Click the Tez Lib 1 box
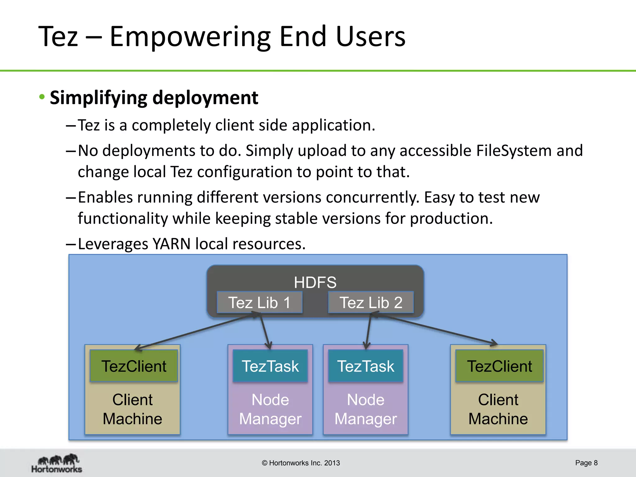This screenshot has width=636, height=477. point(259,302)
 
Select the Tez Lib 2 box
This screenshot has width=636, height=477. point(371,302)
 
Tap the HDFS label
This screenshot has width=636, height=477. point(315,282)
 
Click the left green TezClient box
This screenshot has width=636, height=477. point(134,366)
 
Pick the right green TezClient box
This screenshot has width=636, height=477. point(499,366)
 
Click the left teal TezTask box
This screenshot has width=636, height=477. point(270,366)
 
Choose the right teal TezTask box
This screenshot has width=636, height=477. point(366,366)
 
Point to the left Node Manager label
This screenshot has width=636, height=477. point(270,409)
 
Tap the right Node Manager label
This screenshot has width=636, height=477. point(366,409)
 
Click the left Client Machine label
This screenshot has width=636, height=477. point(133,409)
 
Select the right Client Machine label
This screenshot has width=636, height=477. point(498,409)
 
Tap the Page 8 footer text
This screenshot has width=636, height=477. point(586,463)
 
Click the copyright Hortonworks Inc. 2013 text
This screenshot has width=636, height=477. point(301,463)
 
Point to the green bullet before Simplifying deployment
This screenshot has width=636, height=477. point(42,97)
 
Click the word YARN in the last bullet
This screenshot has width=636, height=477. point(171,244)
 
